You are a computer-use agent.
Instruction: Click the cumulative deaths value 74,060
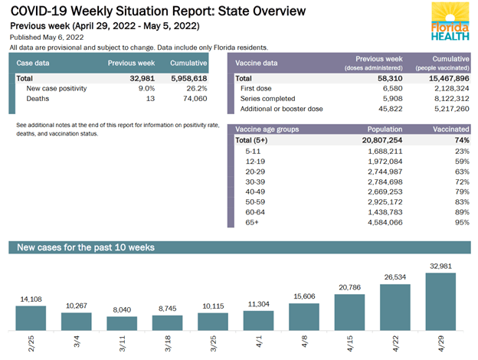pyautogui.click(x=192, y=99)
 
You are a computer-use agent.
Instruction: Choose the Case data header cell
pyautogui.click(x=34, y=63)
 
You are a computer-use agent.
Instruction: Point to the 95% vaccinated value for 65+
pyautogui.click(x=460, y=222)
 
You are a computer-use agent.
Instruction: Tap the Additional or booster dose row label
pyautogui.click(x=282, y=109)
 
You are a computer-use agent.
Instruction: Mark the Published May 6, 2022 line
pyautogui.click(x=47, y=38)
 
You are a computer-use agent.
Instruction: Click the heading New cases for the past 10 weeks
pyautogui.click(x=86, y=247)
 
